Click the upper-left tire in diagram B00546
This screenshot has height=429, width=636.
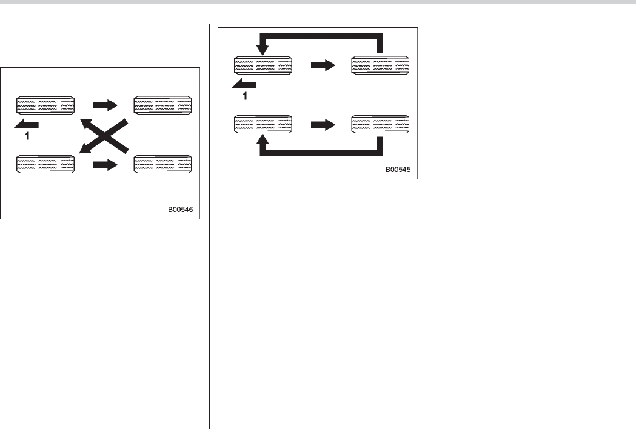pos(45,105)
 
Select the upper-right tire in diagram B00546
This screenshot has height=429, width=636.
pos(162,105)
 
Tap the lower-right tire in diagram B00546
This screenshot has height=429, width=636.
pos(162,165)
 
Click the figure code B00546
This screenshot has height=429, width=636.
pos(183,211)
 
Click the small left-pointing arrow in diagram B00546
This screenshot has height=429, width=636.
pos(27,124)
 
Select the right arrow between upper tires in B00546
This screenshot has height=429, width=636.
pos(105,105)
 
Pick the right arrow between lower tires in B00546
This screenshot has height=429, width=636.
pos(105,165)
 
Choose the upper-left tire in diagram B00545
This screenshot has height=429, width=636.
pos(263,66)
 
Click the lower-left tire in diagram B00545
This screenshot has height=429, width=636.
pos(263,125)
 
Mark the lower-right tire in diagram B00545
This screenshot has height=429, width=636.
pos(380,125)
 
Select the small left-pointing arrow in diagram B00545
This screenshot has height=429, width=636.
pos(244,85)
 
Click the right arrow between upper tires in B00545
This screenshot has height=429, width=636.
pos(323,66)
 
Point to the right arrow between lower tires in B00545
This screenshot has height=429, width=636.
pos(323,125)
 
